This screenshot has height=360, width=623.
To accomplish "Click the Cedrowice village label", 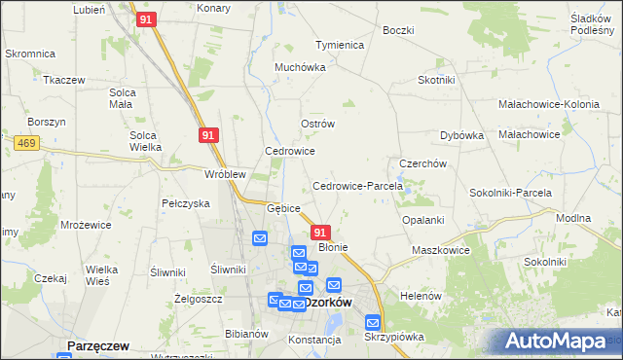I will pyautogui.click(x=290, y=152).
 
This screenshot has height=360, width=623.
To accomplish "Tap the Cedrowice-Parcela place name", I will pyautogui.click(x=350, y=186).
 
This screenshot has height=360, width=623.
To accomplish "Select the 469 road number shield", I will pyautogui.click(x=26, y=143).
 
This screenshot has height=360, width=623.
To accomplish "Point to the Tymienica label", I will pyautogui.click(x=339, y=46).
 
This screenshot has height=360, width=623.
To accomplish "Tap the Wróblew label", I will pyautogui.click(x=224, y=174).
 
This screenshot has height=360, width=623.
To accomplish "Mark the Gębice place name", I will pyautogui.click(x=284, y=208).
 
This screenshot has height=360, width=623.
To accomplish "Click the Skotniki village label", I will pyautogui.click(x=436, y=81).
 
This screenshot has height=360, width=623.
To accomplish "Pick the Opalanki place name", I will pyautogui.click(x=423, y=220).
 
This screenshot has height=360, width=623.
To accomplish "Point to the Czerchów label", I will pyautogui.click(x=422, y=163).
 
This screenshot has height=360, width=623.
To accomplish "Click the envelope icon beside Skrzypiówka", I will pyautogui.click(x=373, y=322).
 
